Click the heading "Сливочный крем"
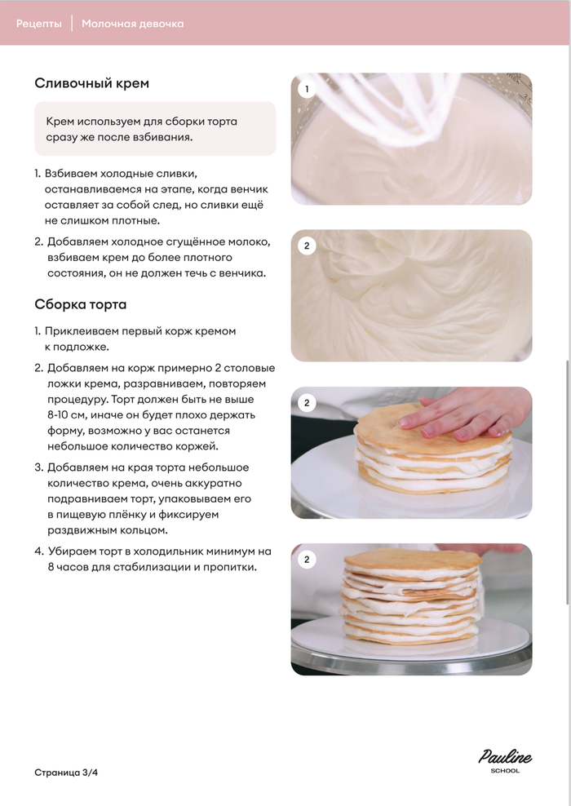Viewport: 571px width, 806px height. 91,83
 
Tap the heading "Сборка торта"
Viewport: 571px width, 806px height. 80,304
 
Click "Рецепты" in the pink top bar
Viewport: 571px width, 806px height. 38,24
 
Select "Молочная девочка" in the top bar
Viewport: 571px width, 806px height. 133,24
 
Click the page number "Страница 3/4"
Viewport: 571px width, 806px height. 66,773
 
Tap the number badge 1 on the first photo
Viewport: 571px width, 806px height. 307,89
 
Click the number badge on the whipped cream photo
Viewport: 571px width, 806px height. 307,246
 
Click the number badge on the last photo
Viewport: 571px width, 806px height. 307,560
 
